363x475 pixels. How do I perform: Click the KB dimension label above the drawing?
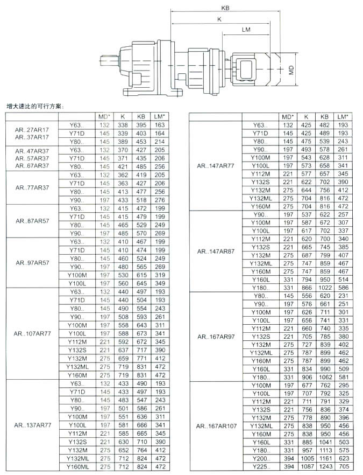coord(224,8)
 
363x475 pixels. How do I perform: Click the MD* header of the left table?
coord(104,116)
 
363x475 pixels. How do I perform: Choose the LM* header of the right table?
coord(342,116)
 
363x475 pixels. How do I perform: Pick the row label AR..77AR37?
coord(32,188)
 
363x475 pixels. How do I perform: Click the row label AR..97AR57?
coord(32,263)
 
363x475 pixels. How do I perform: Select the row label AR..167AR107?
coord(216,425)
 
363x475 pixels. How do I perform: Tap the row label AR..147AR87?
coord(216,251)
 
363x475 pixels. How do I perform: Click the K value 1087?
coord(306,466)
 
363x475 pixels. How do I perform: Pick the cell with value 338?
coord(123,125)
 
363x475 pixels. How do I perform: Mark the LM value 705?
coord(343,466)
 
